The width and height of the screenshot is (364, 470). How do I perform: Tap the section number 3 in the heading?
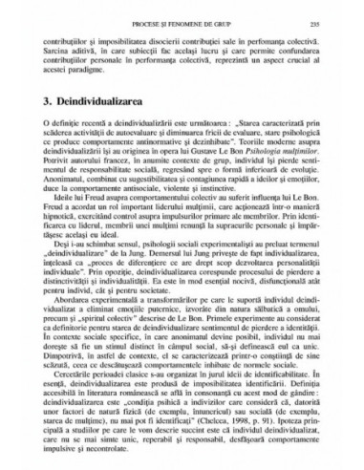click(x=47, y=129)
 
